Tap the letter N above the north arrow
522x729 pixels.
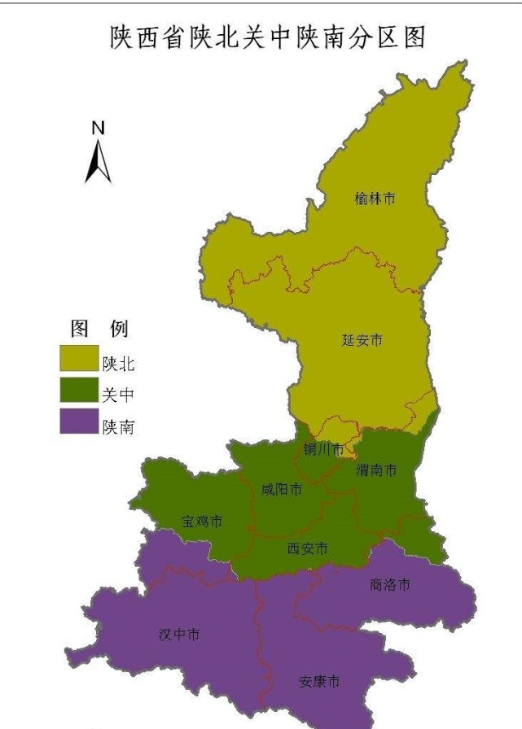(x=98, y=128)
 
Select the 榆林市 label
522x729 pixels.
(x=375, y=199)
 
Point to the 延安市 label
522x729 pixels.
(x=362, y=340)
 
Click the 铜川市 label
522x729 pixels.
(x=323, y=449)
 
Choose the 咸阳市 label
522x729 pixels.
(x=281, y=489)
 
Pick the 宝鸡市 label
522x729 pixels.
(x=201, y=522)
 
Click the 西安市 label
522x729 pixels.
(x=308, y=549)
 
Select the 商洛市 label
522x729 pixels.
(x=390, y=584)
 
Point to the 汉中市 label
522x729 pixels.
(x=179, y=635)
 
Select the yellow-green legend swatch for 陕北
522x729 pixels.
(x=78, y=359)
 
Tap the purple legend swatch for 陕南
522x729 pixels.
(x=78, y=424)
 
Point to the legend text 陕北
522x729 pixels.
(x=118, y=364)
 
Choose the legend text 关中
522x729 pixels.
(x=118, y=395)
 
